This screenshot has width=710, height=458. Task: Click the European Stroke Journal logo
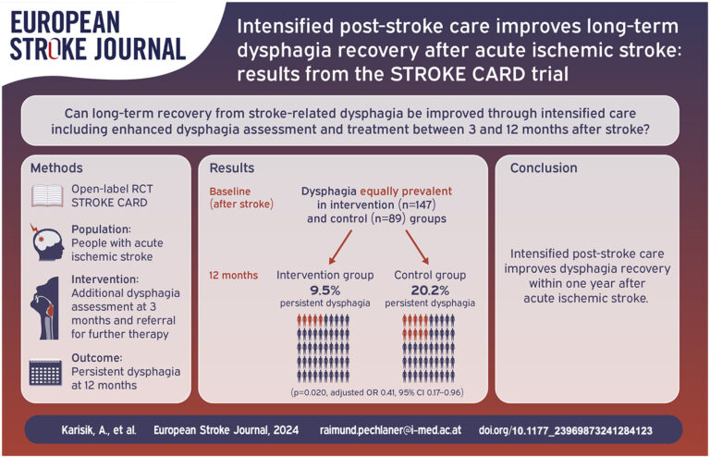coord(98,36)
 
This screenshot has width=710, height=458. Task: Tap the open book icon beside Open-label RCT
coord(47,196)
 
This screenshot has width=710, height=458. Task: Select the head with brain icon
coord(47,242)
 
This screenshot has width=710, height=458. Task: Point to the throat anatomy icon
coord(44,308)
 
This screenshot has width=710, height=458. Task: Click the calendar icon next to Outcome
coord(45,372)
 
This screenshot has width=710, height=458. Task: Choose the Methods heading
coord(56,168)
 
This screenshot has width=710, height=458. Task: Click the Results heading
coord(232,168)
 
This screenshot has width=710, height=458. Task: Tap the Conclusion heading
coord(544,168)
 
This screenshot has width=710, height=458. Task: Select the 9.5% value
coord(325,290)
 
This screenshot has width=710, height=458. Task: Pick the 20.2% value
coord(430,290)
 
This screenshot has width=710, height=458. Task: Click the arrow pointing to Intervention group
coord(340,247)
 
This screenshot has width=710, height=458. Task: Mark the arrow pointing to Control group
coord(417,247)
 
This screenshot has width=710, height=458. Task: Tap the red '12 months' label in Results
coord(234,276)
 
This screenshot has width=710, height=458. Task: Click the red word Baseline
coord(230,192)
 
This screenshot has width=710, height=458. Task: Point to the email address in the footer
coord(390,430)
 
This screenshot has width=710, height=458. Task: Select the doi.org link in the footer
coord(566,430)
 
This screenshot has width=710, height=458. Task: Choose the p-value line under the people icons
coord(377,392)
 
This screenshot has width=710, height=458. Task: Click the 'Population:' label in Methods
coord(102,229)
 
